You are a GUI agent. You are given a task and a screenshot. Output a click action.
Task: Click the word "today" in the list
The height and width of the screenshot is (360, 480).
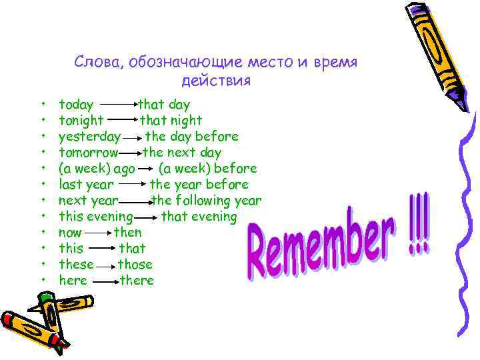point(76,105)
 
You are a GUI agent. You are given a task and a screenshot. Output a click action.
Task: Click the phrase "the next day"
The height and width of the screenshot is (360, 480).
point(182,153)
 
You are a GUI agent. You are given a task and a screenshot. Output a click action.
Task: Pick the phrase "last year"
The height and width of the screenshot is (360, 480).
point(86,185)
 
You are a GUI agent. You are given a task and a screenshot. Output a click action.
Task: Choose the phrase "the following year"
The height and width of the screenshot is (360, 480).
point(207,201)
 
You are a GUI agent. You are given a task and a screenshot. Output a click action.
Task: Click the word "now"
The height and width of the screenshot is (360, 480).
point(70,233)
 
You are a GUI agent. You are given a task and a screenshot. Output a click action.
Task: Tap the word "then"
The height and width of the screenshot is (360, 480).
point(127,233)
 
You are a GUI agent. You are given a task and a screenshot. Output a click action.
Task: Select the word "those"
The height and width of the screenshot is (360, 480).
point(135,265)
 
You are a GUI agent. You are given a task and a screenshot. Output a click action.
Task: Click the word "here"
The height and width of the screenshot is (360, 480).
point(73,281)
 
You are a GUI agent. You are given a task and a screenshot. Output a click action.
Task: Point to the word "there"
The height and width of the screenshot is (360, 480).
point(137,281)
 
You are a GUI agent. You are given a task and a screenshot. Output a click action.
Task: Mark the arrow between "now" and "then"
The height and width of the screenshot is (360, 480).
point(97,233)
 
